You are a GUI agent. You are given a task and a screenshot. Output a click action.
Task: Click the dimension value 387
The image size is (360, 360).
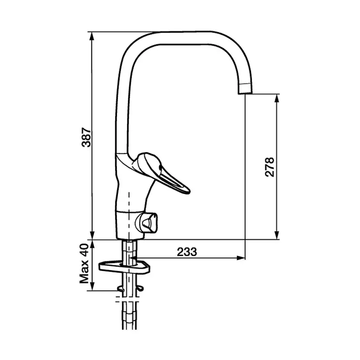click(87, 137)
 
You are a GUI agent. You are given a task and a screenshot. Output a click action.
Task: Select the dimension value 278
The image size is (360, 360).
click(270, 167)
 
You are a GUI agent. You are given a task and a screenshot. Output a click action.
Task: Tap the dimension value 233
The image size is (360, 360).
click(187, 252)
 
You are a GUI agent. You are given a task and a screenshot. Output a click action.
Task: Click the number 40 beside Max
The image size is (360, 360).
click(84, 254)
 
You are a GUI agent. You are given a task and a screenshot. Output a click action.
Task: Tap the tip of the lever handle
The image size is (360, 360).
click(189, 191)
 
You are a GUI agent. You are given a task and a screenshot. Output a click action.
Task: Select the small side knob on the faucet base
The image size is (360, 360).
click(147, 223)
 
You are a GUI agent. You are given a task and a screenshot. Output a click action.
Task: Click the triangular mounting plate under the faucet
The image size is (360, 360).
click(124, 267)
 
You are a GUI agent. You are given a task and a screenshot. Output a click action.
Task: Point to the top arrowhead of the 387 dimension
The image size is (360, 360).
click(92, 36)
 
